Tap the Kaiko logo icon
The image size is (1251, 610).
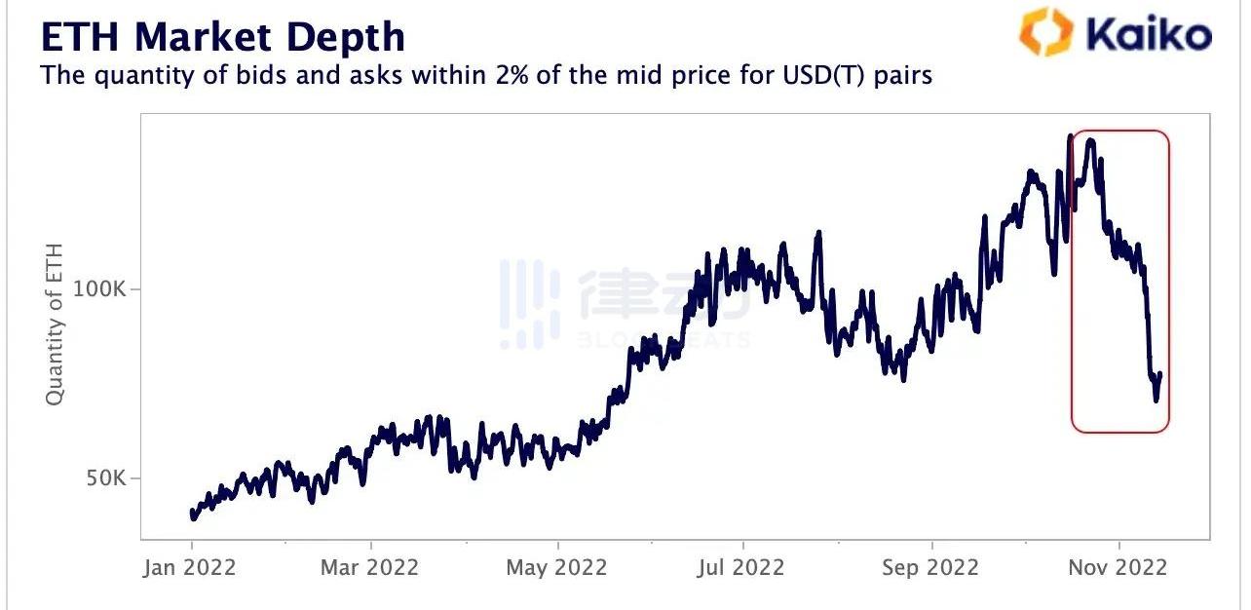[1044, 31]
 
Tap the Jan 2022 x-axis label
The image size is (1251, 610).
[190, 567]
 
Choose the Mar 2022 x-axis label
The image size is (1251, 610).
[369, 567]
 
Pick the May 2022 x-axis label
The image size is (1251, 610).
[556, 567]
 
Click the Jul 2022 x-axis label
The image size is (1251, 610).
[741, 567]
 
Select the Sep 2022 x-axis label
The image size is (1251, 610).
[930, 567]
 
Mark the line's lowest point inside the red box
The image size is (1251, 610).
[1156, 400]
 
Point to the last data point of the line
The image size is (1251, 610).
[1160, 374]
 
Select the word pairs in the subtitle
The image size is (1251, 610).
[902, 75]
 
